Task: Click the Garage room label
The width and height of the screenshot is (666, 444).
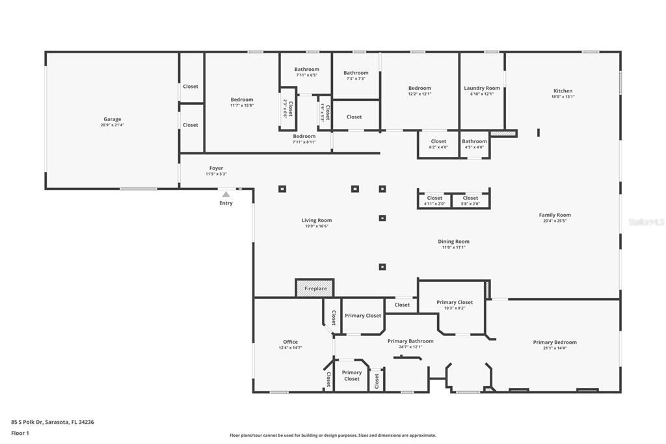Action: pyautogui.click(x=113, y=119)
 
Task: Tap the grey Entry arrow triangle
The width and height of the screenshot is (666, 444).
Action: pyautogui.click(x=226, y=194)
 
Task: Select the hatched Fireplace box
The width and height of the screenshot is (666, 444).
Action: pyautogui.click(x=315, y=288)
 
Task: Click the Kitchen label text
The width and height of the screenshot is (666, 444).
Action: pyautogui.click(x=563, y=90)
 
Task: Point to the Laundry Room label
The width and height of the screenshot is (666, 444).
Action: pyautogui.click(x=482, y=88)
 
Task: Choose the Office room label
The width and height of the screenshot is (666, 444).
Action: pyautogui.click(x=290, y=342)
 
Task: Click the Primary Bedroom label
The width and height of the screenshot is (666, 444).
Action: pyautogui.click(x=555, y=342)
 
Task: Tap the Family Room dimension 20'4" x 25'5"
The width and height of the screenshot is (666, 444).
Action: pyautogui.click(x=555, y=221)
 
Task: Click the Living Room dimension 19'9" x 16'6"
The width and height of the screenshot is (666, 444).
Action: pyautogui.click(x=317, y=226)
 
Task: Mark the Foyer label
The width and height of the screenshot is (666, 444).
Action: pyautogui.click(x=216, y=168)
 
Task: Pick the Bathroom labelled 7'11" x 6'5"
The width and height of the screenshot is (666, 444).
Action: pyautogui.click(x=306, y=69)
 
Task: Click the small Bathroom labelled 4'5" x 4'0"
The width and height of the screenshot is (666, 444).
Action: pyautogui.click(x=474, y=141)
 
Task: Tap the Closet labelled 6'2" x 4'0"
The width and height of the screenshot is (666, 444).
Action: pyautogui.click(x=438, y=141)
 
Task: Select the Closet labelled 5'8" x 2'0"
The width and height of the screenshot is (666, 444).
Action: pyautogui.click(x=470, y=198)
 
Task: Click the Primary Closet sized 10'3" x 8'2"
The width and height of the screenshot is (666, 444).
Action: pyautogui.click(x=455, y=302)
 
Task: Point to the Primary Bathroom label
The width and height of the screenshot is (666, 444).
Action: pyautogui.click(x=410, y=340)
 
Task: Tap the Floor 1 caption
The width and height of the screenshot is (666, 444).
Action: pyautogui.click(x=21, y=432)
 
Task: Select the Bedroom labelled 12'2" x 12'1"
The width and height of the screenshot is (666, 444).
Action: pyautogui.click(x=420, y=88)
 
